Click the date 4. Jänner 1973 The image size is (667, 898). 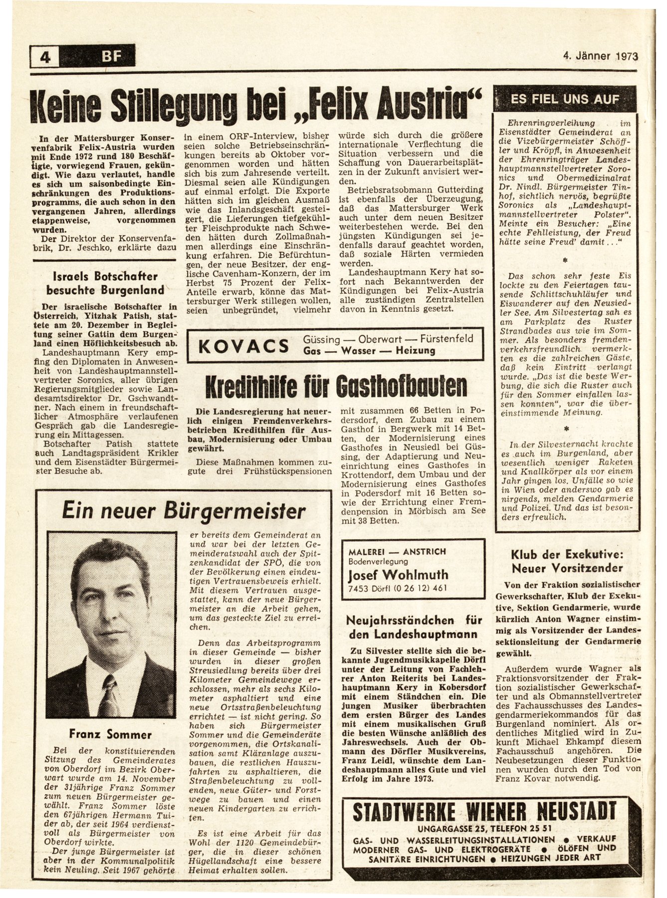pyautogui.click(x=598, y=56)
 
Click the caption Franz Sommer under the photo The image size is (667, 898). pyautogui.click(x=104, y=734)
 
